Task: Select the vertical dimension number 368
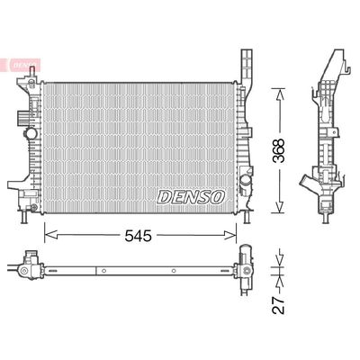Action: tap(280, 146)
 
